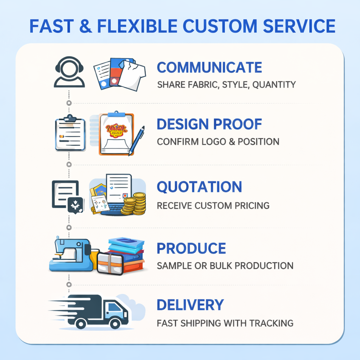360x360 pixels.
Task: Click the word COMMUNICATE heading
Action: click(209, 67)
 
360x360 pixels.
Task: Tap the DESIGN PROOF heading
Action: click(209, 124)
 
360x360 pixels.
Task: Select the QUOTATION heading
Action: click(199, 187)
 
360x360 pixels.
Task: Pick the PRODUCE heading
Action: click(191, 248)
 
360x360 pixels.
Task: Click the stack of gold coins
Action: click(135, 204)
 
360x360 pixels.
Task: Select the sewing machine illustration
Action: click(71, 255)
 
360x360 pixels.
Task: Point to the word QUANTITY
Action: click(274, 85)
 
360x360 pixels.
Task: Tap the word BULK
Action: click(219, 266)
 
